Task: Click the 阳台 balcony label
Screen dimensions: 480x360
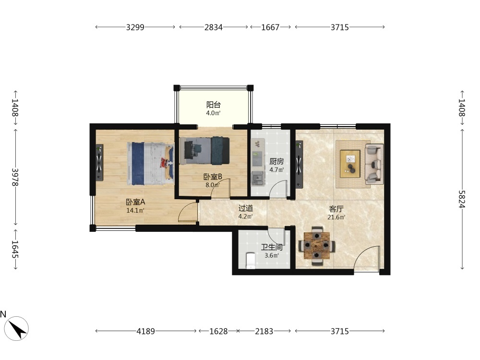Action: tap(214, 105)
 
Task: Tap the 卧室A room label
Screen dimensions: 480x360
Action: tap(135, 202)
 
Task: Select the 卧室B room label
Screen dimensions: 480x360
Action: tap(213, 177)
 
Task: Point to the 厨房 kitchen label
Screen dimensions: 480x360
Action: tap(276, 161)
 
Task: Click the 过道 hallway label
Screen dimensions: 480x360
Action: tap(245, 208)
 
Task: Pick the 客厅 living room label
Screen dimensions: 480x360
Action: tap(336, 209)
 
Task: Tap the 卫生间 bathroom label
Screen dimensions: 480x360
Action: tap(272, 247)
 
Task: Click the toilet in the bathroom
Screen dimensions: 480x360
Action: tap(251, 261)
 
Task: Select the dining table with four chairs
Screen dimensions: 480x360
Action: tap(317, 245)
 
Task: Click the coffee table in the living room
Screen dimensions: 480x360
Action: tap(350, 164)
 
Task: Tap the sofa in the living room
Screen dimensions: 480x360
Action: tap(374, 164)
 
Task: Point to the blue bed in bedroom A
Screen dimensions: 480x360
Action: tap(151, 164)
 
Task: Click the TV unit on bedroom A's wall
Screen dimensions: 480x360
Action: tap(99, 163)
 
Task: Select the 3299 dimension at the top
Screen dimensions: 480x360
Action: tap(135, 27)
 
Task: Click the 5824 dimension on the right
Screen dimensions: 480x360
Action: tap(462, 199)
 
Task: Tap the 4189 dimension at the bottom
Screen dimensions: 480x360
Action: tap(146, 331)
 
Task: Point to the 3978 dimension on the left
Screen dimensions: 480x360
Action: tap(15, 177)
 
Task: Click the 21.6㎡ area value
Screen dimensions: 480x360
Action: tap(336, 217)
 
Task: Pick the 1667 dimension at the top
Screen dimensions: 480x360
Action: tap(270, 27)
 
